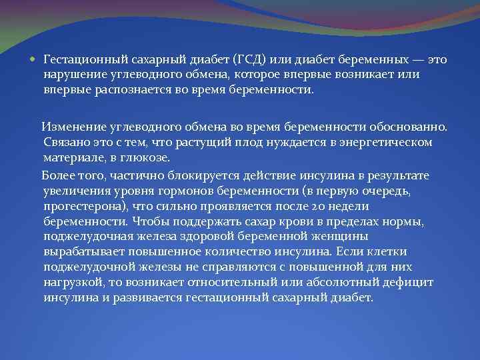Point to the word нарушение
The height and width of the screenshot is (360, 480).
click(x=73, y=75)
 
